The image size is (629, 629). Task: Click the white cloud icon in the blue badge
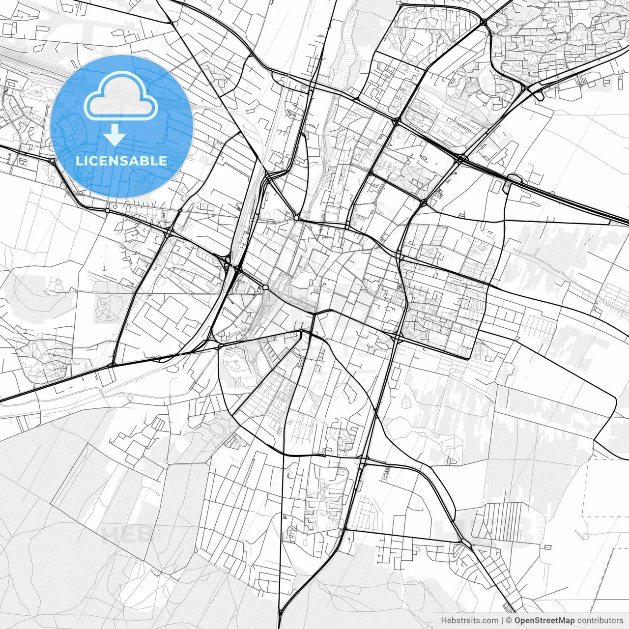121,96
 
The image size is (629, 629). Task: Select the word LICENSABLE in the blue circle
121,161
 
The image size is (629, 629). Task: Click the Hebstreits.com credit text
469,621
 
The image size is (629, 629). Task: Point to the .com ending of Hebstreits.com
489,621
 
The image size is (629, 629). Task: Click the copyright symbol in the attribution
509,621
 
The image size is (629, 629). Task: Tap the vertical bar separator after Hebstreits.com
502,621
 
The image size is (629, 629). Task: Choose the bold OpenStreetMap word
544,621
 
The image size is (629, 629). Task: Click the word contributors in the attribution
600,621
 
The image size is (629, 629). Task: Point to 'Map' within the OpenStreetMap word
566,621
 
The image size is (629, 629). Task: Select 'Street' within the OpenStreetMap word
546,621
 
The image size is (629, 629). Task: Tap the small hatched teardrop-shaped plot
406,402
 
